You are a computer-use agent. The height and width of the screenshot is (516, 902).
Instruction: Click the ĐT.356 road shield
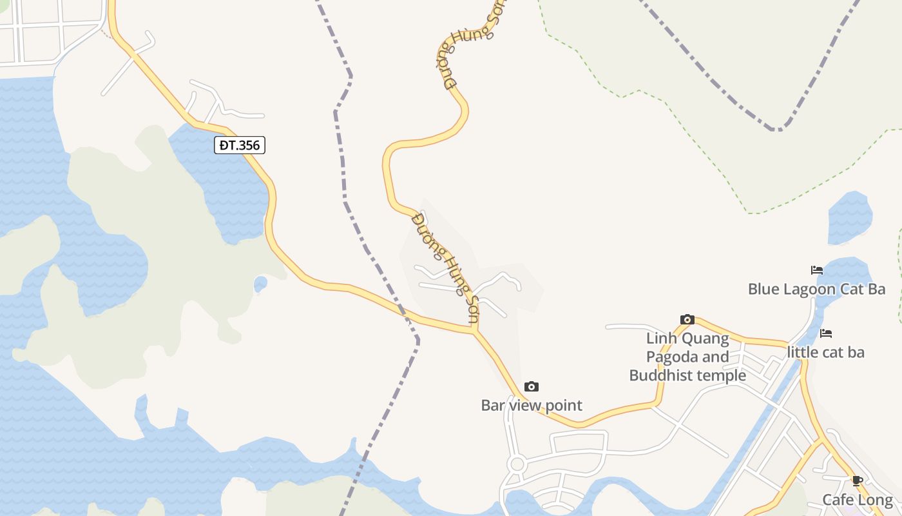pyautogui.click(x=240, y=145)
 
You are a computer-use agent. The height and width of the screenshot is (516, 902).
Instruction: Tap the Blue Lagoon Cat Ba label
pyautogui.click(x=816, y=289)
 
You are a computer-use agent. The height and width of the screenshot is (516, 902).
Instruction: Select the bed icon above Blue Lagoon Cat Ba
pyautogui.click(x=817, y=270)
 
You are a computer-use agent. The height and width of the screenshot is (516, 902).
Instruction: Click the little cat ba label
pyautogui.click(x=825, y=352)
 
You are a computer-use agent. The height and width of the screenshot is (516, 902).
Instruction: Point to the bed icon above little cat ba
pyautogui.click(x=826, y=333)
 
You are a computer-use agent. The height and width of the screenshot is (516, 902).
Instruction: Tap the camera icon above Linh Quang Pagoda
pyautogui.click(x=687, y=319)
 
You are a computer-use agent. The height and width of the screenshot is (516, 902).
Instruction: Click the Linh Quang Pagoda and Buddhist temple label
pyautogui.click(x=687, y=357)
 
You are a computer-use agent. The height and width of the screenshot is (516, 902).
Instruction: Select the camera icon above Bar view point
pyautogui.click(x=532, y=386)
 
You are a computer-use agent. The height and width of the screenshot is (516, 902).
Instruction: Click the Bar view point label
pyautogui.click(x=532, y=405)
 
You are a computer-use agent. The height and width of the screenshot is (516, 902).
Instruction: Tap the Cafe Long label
pyautogui.click(x=858, y=500)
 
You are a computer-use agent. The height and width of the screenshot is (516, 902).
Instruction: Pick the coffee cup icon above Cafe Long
pyautogui.click(x=857, y=481)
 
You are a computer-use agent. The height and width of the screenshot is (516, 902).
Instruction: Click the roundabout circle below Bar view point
pyautogui.click(x=516, y=464)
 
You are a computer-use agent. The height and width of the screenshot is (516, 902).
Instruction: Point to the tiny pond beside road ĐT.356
pyautogui.click(x=260, y=283)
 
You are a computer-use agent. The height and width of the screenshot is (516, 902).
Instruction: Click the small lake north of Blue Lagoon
pyautogui.click(x=850, y=218)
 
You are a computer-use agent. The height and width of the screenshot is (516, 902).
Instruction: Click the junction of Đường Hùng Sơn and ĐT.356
pyautogui.click(x=475, y=332)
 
